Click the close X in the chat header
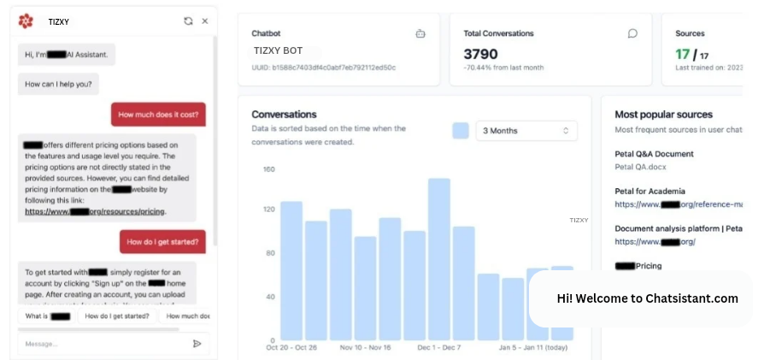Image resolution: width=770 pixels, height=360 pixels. click(205, 21)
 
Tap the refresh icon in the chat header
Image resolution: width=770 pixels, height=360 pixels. click(188, 21)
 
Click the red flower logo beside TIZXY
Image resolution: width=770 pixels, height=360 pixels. click(26, 21)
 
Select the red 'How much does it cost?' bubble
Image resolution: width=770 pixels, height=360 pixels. click(158, 115)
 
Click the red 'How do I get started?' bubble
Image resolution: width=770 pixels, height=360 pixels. click(162, 242)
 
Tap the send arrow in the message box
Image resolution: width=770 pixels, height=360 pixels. click(197, 344)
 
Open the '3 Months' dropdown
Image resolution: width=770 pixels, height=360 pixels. click(526, 131)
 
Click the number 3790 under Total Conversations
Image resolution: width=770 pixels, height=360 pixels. click(481, 54)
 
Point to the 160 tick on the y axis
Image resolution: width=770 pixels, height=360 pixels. click(268, 169)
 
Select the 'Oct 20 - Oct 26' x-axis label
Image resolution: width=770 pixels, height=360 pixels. click(292, 348)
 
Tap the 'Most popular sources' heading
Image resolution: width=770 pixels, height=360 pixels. click(663, 115)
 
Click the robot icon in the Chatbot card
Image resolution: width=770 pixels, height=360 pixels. click(420, 34)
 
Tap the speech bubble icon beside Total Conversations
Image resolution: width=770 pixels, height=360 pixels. click(632, 34)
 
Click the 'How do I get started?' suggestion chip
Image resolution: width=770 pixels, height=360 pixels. click(117, 316)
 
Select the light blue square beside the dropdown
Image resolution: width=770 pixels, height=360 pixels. click(461, 131)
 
